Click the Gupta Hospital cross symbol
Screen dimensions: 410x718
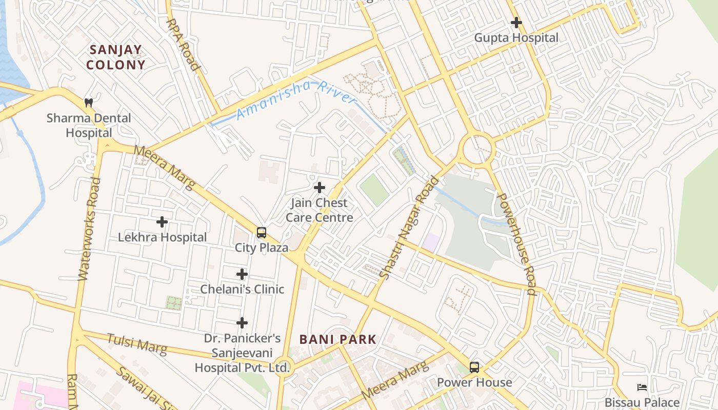tap(516, 23)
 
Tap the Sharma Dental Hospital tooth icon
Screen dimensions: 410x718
tap(89, 102)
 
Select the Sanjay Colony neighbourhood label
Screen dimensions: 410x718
tap(116, 57)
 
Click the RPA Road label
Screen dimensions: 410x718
tap(183, 44)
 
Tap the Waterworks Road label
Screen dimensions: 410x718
tap(89, 229)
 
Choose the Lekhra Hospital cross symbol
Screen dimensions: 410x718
tap(162, 222)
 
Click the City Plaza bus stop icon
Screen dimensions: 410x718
tap(262, 233)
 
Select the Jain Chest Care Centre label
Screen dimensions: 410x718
tap(319, 210)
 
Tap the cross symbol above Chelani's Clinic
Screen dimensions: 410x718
tap(242, 274)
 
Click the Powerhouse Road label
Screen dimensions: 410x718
tap(517, 244)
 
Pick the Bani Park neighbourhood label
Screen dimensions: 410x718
tap(338, 339)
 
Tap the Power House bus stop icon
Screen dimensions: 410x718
tap(474, 367)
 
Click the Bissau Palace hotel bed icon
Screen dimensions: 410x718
tap(642, 387)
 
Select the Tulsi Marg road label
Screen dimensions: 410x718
tap(137, 344)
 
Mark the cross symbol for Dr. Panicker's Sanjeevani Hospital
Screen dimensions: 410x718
tap(242, 323)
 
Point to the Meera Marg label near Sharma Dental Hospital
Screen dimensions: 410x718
tap(165, 168)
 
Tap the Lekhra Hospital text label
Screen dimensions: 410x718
tap(162, 237)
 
